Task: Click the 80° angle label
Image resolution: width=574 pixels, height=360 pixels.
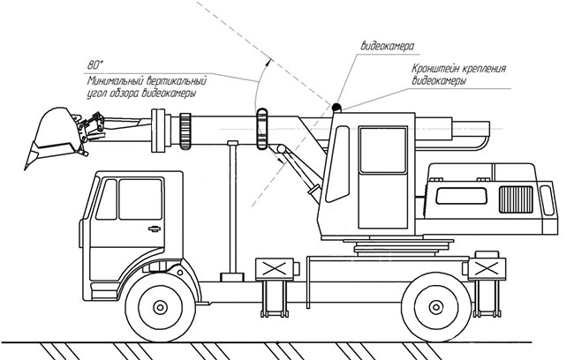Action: [95, 64]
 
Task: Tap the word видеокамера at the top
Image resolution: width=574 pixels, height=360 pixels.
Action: [389, 43]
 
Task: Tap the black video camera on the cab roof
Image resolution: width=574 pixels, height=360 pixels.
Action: [336, 108]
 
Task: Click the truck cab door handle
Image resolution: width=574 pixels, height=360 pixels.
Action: [155, 229]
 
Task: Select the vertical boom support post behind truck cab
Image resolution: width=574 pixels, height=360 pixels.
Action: [232, 207]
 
